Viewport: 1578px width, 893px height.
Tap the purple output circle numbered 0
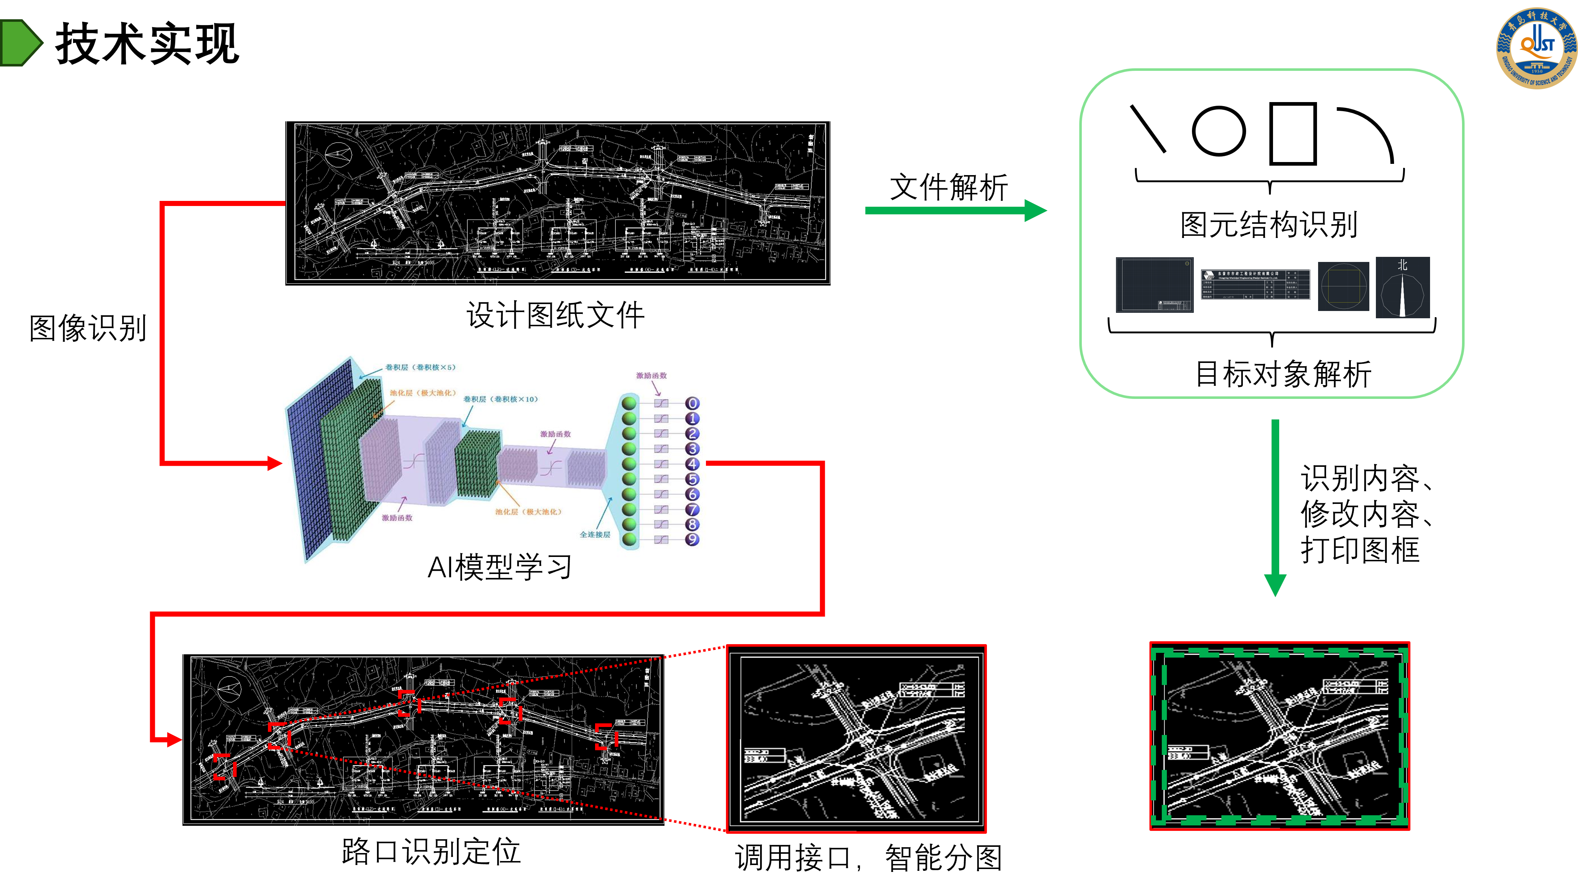pos(692,404)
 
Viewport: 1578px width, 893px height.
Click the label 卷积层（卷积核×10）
pos(500,399)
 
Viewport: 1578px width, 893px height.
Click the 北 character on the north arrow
pos(1402,265)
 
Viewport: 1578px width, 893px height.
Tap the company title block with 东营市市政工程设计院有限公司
pos(1255,284)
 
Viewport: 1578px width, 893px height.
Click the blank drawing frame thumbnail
pos(1154,284)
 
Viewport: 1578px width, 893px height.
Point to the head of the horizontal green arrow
pos(1037,210)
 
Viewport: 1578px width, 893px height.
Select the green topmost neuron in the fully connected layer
pos(629,404)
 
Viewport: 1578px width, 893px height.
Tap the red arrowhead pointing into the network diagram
pos(275,463)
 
